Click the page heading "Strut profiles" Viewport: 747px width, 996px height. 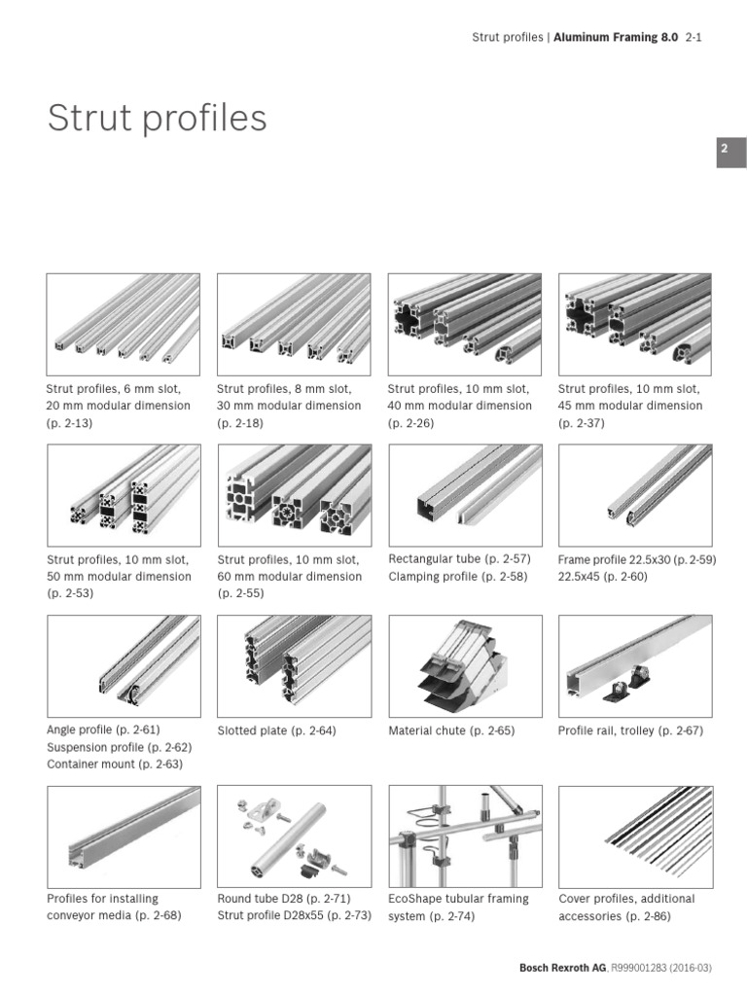tap(157, 119)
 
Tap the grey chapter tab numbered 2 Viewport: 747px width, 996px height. tap(731, 153)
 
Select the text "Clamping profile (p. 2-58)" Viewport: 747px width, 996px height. tap(459, 577)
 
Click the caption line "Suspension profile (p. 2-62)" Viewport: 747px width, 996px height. tap(120, 747)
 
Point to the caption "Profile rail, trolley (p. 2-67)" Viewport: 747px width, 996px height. tap(630, 730)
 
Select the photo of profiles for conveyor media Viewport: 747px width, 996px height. tap(124, 835)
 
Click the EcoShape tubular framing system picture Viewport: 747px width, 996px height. tap(465, 835)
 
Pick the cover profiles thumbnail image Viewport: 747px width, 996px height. tap(634, 835)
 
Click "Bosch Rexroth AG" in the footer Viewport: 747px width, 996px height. tap(563, 968)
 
